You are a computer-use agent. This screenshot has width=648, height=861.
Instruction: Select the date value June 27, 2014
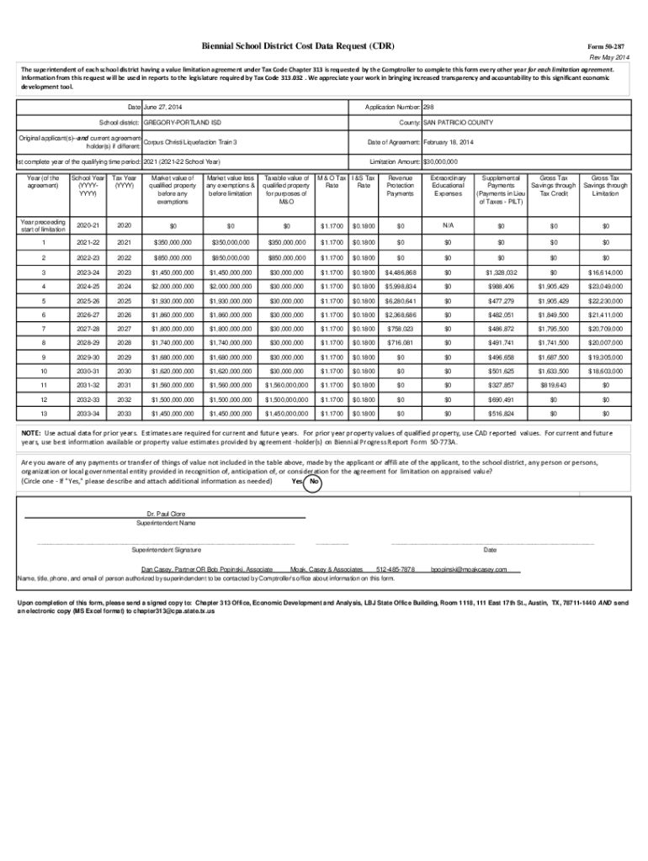click(162, 108)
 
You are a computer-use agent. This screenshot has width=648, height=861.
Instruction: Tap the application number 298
click(428, 108)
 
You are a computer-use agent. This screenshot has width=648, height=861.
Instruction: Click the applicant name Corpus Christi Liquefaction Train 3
click(189, 143)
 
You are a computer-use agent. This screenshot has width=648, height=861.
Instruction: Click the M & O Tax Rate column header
click(331, 182)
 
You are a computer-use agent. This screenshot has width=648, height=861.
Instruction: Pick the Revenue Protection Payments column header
click(400, 186)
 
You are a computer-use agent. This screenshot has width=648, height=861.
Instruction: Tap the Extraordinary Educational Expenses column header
click(448, 186)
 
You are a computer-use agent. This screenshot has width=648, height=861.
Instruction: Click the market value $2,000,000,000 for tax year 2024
click(173, 287)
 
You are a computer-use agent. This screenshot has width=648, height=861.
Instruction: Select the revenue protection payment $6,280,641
click(400, 301)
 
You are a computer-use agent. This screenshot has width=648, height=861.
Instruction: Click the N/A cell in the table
click(448, 225)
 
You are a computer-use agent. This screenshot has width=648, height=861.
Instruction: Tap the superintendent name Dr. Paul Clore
click(166, 512)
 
